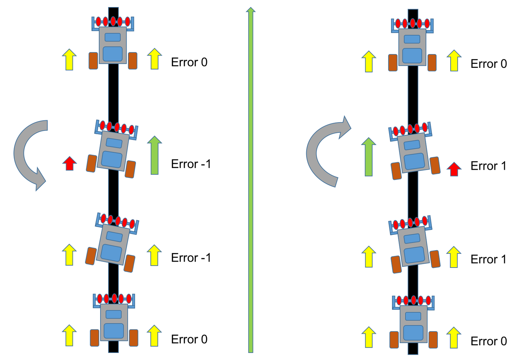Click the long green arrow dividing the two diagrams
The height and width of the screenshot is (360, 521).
(251, 183)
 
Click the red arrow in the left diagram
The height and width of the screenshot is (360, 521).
(70, 163)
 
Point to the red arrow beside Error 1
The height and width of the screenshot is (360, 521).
(454, 169)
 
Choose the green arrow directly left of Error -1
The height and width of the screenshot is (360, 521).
(154, 155)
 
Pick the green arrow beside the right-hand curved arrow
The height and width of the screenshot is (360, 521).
(368, 157)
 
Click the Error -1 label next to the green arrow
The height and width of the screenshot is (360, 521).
(191, 164)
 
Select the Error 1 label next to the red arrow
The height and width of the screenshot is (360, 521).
(488, 166)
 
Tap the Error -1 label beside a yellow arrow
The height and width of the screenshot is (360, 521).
(191, 258)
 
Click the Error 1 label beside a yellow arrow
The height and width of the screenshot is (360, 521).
(488, 259)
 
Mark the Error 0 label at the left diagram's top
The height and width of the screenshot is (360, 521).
(189, 62)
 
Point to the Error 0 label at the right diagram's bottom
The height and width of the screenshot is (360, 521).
(489, 341)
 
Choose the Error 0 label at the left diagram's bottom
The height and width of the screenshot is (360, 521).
(189, 339)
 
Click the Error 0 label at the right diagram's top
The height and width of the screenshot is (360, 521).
(489, 64)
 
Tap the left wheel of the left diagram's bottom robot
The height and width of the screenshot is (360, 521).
(95, 337)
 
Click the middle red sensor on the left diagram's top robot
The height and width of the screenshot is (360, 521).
(113, 21)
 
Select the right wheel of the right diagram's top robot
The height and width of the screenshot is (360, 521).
(432, 63)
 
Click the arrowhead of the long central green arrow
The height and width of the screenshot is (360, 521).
(251, 11)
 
